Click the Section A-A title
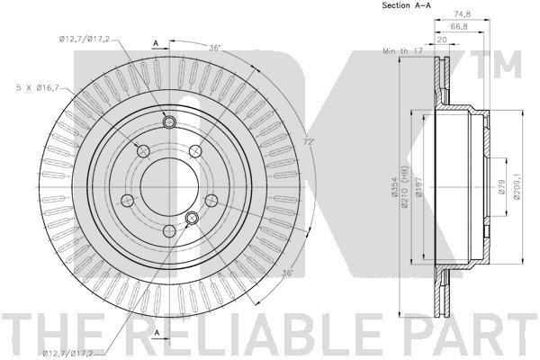(x=407, y=5)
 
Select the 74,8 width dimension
(x=463, y=14)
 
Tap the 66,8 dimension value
(x=459, y=26)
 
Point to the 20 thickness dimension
(x=442, y=40)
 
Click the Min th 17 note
(x=402, y=51)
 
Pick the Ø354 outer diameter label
(x=394, y=187)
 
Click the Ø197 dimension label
(x=418, y=187)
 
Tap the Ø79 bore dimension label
(x=501, y=187)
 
